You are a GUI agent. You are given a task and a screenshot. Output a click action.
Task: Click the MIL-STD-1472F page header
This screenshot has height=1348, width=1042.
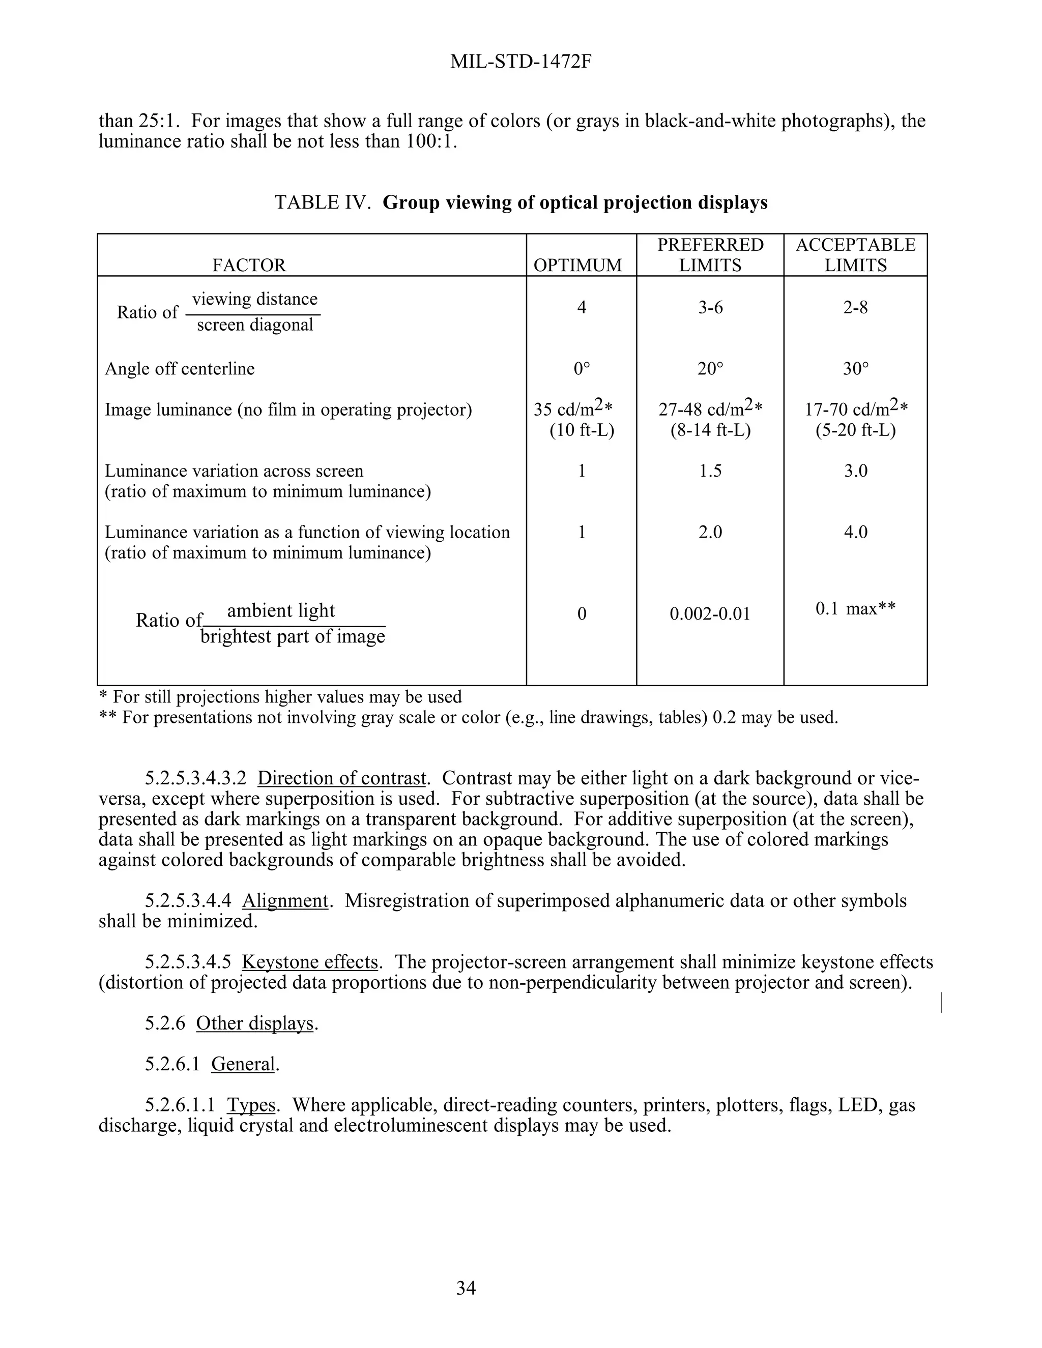point(521,62)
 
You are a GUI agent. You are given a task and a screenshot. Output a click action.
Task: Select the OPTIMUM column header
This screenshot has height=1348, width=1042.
point(578,266)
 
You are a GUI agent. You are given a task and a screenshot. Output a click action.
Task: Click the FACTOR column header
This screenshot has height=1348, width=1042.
point(249,266)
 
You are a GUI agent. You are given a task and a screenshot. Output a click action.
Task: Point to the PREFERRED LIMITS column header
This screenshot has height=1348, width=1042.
point(710,255)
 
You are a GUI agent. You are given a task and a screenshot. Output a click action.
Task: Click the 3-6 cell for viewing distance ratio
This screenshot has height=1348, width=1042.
point(710,307)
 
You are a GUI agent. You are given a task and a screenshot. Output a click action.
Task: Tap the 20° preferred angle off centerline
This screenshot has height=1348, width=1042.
point(710,369)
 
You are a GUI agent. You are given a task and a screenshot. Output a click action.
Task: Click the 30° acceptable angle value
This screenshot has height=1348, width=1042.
point(856,369)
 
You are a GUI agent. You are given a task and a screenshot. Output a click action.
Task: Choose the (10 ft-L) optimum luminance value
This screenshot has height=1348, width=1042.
point(582,430)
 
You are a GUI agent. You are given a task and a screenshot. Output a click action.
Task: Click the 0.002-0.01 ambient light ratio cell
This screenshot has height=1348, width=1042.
point(710,614)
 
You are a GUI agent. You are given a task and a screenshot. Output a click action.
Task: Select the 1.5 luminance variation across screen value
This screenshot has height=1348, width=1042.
point(710,471)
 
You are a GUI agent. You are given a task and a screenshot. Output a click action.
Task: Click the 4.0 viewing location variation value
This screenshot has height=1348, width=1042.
point(856,532)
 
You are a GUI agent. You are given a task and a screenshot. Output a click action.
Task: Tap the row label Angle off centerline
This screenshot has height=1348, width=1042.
point(180,369)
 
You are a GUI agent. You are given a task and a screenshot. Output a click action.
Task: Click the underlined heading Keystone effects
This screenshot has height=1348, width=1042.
point(309,962)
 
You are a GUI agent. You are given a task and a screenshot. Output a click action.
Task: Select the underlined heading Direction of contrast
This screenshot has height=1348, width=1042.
point(341,778)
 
